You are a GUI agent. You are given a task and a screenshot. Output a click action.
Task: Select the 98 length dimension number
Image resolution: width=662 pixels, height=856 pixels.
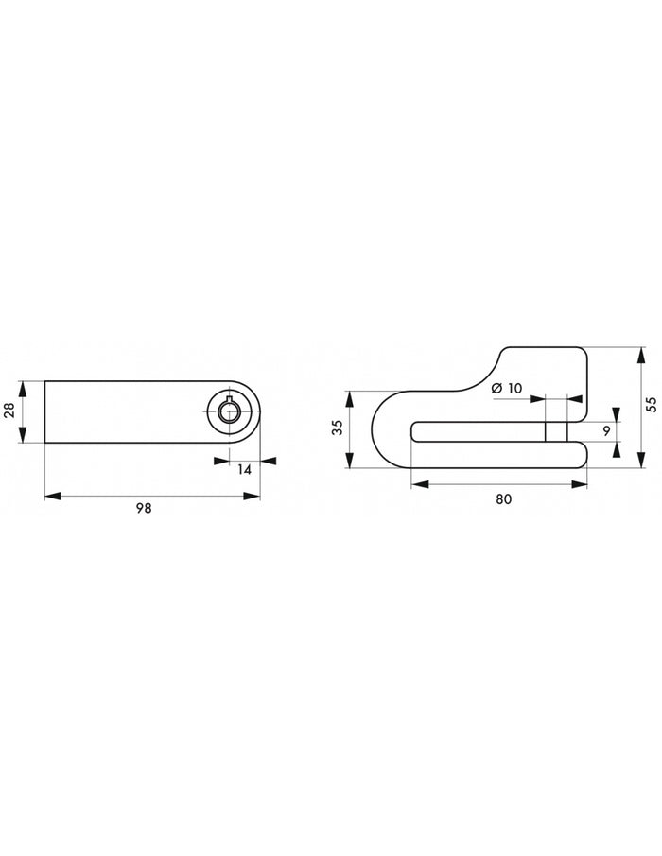[x=144, y=509]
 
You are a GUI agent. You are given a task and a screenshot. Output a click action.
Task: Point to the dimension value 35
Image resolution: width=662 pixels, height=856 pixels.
[x=336, y=429]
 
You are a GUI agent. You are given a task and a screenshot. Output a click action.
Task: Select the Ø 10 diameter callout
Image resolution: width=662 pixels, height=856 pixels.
[x=507, y=388]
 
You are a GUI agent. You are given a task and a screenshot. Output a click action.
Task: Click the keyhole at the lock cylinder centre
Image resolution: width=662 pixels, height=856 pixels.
[x=230, y=411]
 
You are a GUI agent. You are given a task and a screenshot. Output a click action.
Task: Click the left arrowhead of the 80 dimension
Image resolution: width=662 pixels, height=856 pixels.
[x=417, y=484]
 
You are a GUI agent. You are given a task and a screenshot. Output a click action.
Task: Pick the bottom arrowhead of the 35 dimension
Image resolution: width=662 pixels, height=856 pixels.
[x=350, y=463]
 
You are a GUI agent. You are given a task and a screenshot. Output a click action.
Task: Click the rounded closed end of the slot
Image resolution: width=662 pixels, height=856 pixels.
[x=416, y=431]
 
